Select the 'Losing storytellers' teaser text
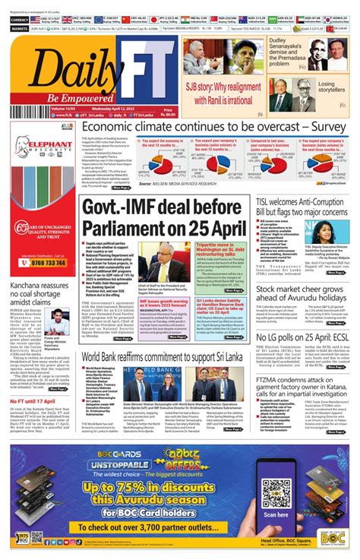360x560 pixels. [331, 87]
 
